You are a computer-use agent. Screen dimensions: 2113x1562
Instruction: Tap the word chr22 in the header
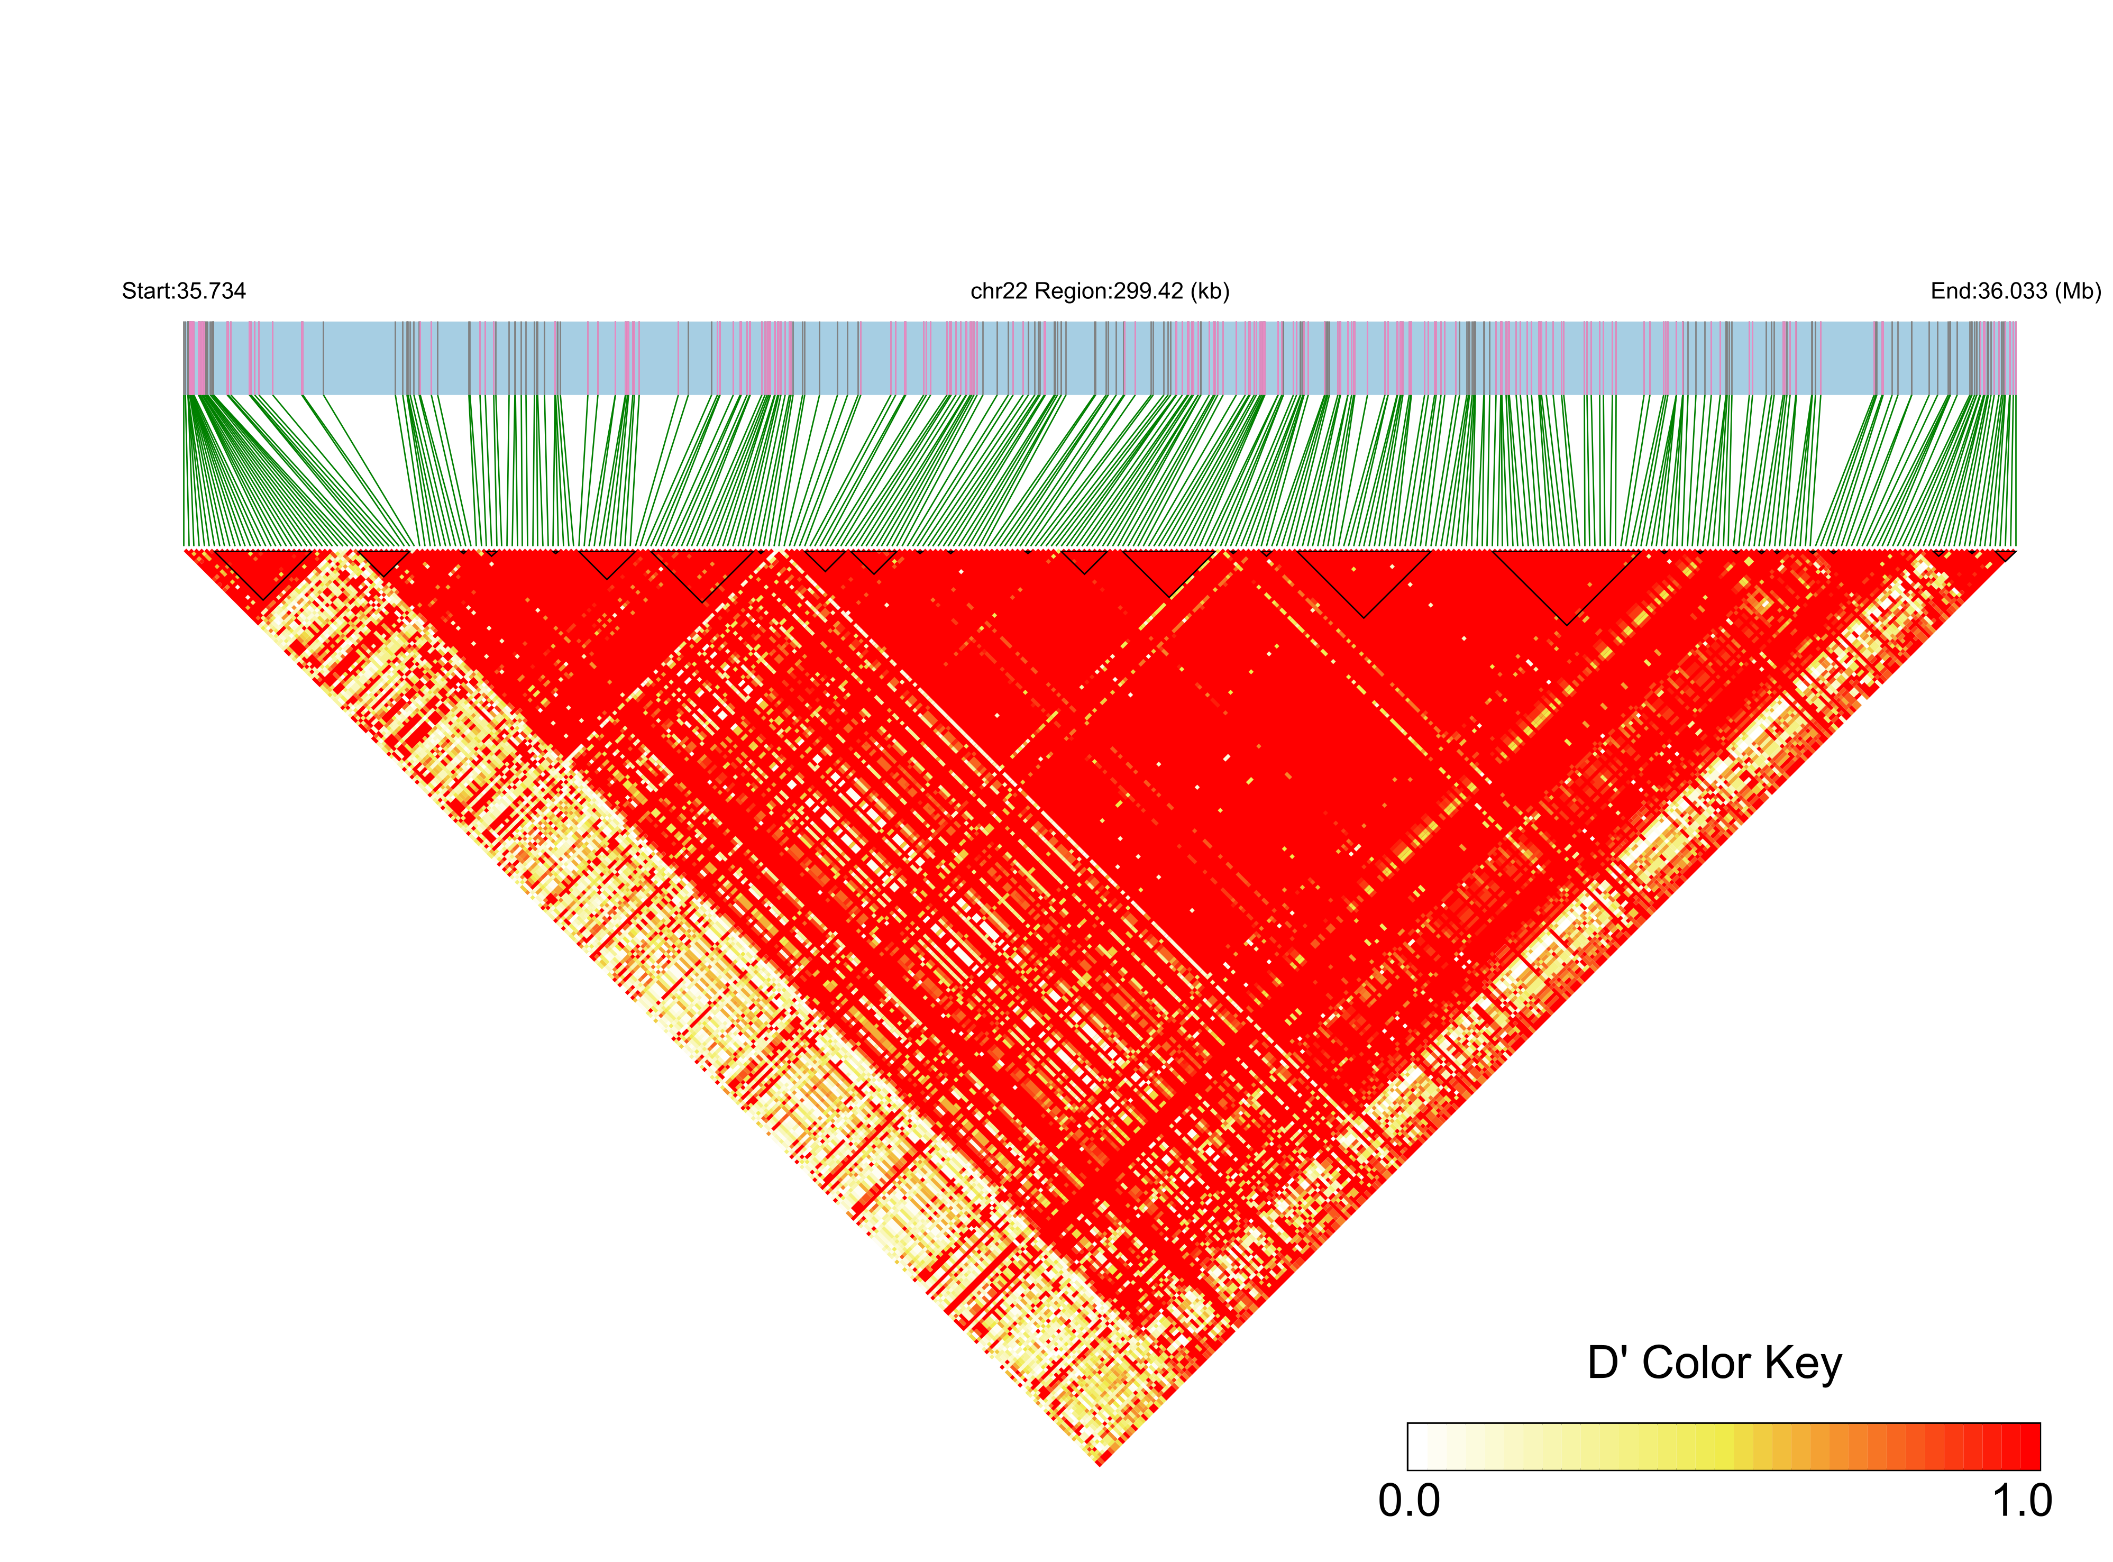coord(999,291)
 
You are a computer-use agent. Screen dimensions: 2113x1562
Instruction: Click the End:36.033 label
coord(1988,291)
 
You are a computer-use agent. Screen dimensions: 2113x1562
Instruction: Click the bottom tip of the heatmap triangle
coord(1100,1466)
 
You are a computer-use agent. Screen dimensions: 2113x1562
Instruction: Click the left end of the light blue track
coord(185,358)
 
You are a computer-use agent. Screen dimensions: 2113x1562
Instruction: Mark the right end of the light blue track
coord(2016,358)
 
